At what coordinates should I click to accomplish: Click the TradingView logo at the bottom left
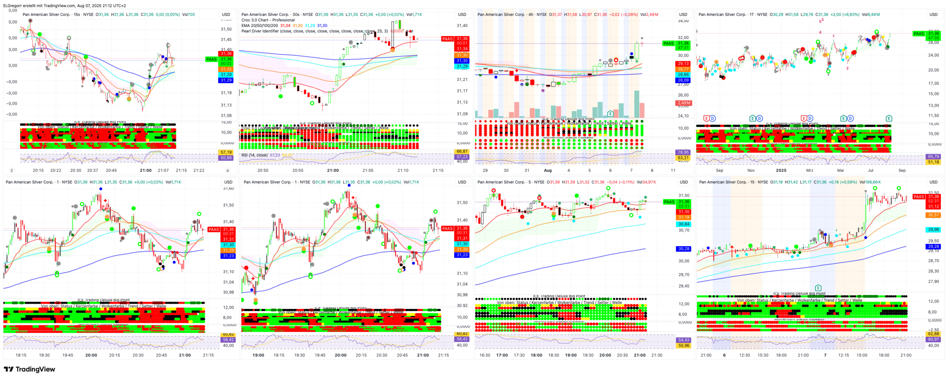[29, 369]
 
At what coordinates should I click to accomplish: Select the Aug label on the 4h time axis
[548, 170]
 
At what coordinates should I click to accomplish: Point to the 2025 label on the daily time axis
[781, 170]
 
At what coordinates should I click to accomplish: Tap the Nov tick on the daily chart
[751, 170]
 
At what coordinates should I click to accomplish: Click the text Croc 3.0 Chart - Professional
[268, 20]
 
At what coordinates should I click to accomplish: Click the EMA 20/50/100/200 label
[259, 25]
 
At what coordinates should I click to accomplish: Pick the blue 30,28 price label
[684, 249]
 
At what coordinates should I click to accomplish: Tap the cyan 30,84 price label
[684, 224]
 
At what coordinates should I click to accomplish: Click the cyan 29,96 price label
[933, 230]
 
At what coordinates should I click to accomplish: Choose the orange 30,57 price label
[933, 215]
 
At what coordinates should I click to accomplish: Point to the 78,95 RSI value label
[683, 152]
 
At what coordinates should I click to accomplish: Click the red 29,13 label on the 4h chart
[683, 64]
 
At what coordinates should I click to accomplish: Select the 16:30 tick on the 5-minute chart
[485, 355]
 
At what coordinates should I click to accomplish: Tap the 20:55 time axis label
[298, 170]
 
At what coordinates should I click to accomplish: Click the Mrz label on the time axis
[810, 170]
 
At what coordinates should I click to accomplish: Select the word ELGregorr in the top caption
[13, 6]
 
